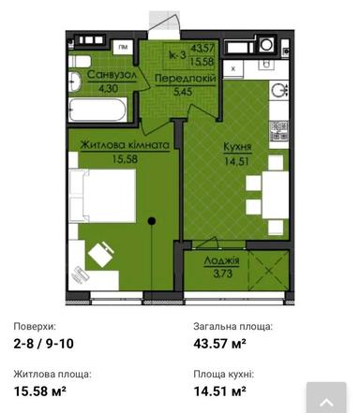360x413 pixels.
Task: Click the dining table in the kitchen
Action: pos(274,189)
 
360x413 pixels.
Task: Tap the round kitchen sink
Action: pos(277,89)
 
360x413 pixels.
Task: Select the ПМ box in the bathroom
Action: pos(123,46)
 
